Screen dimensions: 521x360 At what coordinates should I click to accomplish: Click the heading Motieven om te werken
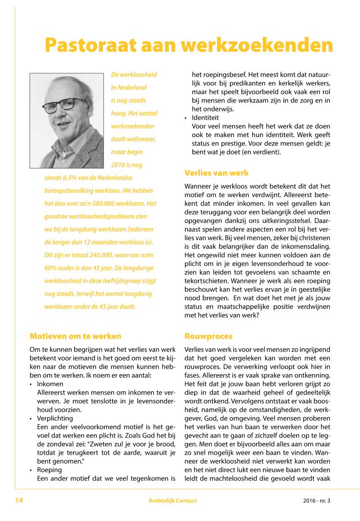tap(75, 336)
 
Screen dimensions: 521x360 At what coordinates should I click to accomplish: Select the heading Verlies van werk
tap(216, 173)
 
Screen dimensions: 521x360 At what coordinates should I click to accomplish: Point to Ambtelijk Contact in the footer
tap(173, 501)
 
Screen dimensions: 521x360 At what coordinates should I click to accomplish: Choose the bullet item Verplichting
tap(55, 418)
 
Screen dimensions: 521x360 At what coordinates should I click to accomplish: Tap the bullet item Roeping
tap(49, 470)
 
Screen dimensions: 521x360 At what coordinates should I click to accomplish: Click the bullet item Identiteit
tap(205, 118)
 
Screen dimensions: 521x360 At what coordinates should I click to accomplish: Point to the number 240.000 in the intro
tap(88, 254)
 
